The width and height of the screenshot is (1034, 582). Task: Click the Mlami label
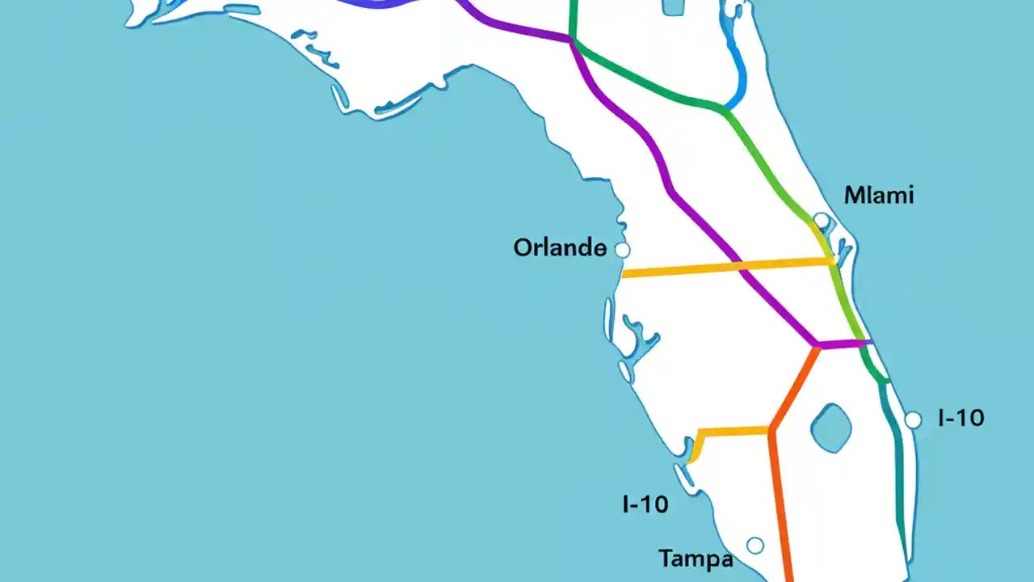coord(878,195)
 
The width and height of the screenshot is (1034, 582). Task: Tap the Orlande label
coord(560,247)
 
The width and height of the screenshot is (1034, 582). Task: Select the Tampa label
coord(696,559)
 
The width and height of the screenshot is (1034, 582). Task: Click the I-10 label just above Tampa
coord(645,504)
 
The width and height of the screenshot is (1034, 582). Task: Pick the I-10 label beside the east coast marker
coord(960,418)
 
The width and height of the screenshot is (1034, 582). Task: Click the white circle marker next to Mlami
coord(821,219)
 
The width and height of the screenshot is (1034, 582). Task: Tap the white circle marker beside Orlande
coord(622,250)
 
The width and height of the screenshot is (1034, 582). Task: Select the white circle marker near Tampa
coord(754,546)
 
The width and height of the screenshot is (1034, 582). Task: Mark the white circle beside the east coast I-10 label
coord(913,420)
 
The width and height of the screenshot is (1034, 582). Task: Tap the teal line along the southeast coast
coord(899,453)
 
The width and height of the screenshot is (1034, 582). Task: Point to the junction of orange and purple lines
coord(817,346)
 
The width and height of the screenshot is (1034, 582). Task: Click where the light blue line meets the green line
coord(725,108)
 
